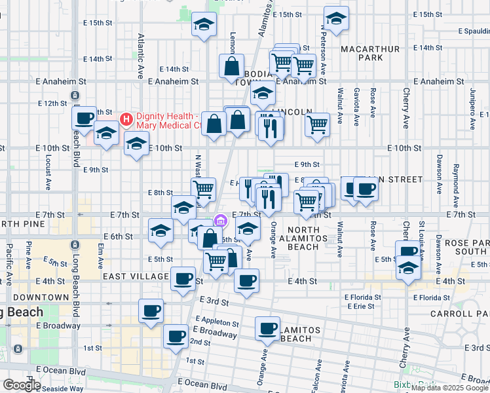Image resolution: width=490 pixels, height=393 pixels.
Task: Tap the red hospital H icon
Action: point(126,120)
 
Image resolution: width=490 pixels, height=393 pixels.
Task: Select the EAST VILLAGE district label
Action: point(135,277)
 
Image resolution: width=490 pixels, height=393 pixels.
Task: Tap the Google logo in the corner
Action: point(22,385)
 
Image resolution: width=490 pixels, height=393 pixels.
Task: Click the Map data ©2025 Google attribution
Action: point(449,388)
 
